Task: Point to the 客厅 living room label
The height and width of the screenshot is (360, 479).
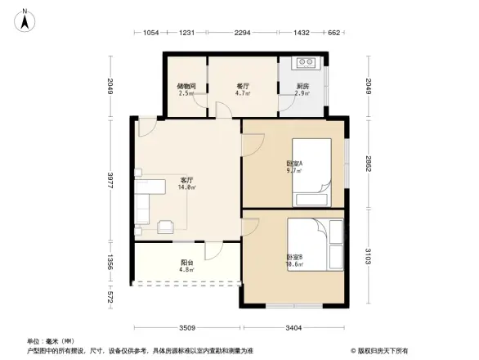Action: point(186,181)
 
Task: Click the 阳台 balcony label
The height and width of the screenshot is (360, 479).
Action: point(186,263)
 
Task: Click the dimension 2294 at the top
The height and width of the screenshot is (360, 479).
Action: point(242,33)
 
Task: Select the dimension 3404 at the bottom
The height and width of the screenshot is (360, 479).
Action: point(295,328)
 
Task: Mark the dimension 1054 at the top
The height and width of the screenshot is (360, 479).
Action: point(150,33)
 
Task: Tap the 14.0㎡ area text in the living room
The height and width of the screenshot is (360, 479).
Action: point(188,187)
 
